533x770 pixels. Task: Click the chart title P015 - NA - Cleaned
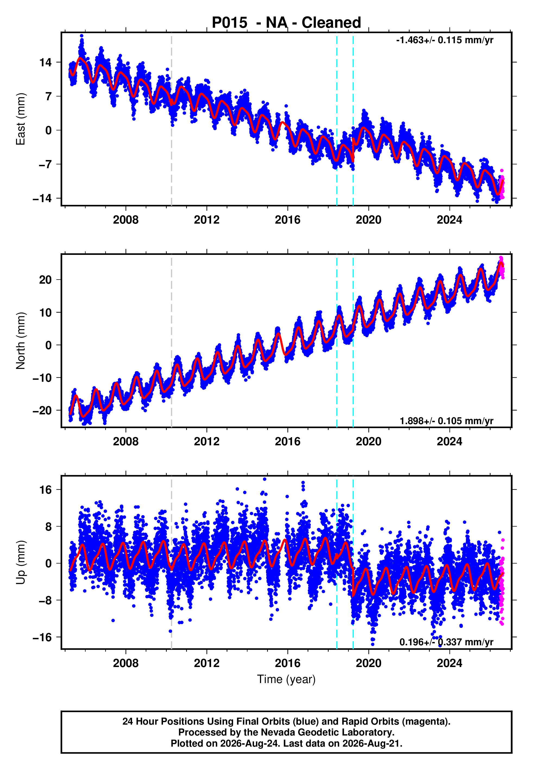286,23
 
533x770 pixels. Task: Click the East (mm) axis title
20,119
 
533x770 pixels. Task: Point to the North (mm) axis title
20,341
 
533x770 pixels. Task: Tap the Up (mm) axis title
20,562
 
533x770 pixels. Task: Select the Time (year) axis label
286,679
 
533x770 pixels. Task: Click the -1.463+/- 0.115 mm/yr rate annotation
444,40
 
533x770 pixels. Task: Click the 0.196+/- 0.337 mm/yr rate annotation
447,642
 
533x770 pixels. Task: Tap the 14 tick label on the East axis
45,62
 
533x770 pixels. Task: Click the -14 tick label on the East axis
42,198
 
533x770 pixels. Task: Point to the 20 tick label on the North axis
45,280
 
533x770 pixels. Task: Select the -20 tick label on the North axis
42,410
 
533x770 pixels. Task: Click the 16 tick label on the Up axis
45,490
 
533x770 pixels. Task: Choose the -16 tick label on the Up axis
42,637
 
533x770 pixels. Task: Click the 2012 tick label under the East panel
207,220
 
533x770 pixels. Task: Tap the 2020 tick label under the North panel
369,442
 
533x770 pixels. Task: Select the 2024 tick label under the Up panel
450,663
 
